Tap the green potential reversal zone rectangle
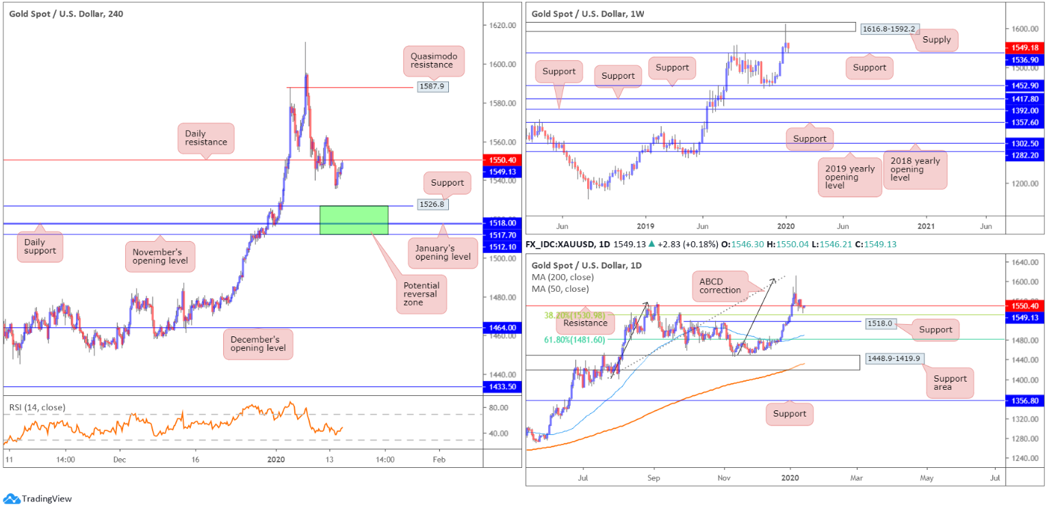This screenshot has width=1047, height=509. coord(354,219)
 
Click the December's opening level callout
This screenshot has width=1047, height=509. coord(257,343)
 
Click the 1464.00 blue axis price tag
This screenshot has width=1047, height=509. coord(503,327)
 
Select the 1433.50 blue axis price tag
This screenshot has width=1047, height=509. coord(503,387)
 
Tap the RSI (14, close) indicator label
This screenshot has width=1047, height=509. coord(38,408)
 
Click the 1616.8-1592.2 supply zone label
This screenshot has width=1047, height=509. coord(888,28)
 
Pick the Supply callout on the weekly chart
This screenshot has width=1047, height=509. coord(936,40)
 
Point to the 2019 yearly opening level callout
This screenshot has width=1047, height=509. coord(842,177)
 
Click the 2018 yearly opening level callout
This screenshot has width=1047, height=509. coord(915,169)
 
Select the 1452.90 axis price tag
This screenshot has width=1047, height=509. coord(1023,86)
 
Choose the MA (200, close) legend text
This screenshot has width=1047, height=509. coord(563,277)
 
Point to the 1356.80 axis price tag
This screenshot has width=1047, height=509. coord(1023,401)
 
